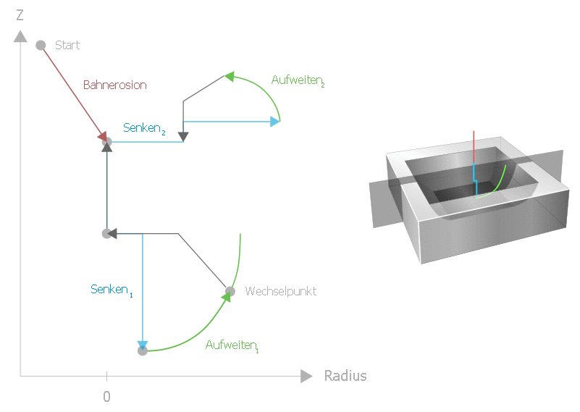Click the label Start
tap(67, 45)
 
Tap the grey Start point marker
tap(41, 45)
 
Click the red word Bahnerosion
tap(114, 85)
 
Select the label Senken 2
tap(144, 128)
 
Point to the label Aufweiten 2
tap(297, 80)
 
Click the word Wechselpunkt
tap(280, 291)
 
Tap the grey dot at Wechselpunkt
tap(230, 292)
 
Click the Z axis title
tap(20, 14)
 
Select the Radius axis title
tap(345, 376)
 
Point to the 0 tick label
tap(106, 397)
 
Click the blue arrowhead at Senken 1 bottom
tap(143, 344)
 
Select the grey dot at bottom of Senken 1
tap(143, 351)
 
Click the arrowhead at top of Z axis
tap(20, 35)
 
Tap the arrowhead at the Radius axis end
tap(306, 376)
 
